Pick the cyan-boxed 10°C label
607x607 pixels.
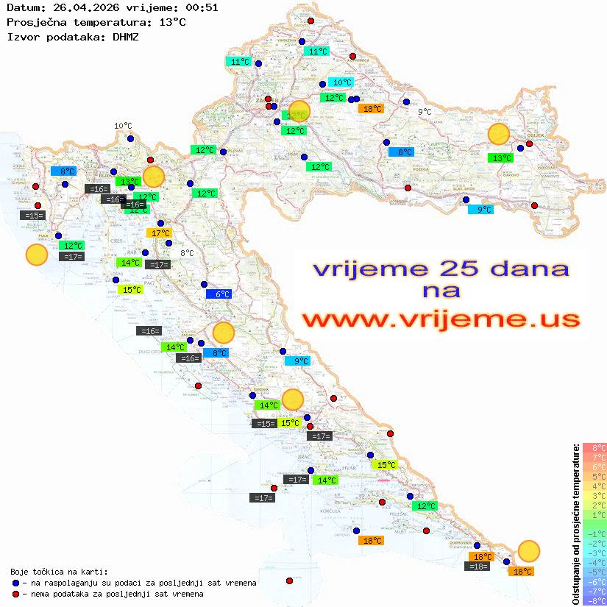tap(341, 82)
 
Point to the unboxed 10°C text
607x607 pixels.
tap(123, 126)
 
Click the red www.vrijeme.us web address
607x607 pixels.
tap(441, 319)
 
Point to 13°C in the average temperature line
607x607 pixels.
tap(172, 22)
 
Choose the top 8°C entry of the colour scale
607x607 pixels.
tap(594, 447)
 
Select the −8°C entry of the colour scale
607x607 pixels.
tap(594, 600)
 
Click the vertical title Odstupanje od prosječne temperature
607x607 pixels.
tap(575, 524)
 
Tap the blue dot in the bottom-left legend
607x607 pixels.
tap(16, 583)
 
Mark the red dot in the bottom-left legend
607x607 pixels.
tap(16, 594)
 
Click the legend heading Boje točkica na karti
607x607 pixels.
tap(59, 572)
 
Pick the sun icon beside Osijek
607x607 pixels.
tap(499, 134)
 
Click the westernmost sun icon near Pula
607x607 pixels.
tap(36, 255)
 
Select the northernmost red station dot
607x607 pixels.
tap(310, 21)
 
